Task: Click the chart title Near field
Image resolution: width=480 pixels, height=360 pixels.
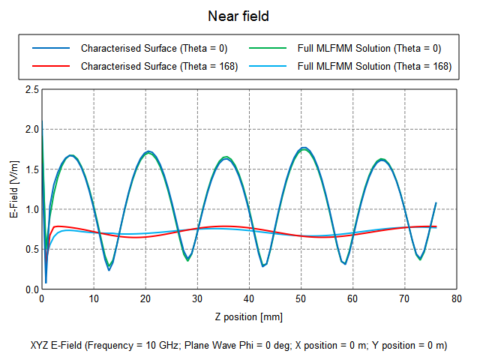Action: point(239,15)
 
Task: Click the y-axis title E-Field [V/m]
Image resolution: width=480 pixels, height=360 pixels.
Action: point(14,189)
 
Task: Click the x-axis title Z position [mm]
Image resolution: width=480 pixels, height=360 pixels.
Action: point(248,316)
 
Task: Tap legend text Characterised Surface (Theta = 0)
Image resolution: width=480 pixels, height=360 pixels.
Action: point(154,48)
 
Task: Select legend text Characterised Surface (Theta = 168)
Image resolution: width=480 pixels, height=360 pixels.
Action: point(159,66)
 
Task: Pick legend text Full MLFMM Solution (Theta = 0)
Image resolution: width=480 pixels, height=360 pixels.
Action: point(369,48)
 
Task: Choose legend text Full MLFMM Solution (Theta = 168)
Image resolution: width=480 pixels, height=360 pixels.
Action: point(374,66)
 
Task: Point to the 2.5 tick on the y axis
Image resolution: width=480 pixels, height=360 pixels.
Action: point(33,89)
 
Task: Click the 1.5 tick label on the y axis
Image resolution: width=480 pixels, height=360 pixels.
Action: point(33,169)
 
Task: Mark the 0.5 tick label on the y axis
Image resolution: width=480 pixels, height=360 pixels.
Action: point(33,250)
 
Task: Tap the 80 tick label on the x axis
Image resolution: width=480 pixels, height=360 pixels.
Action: point(456,299)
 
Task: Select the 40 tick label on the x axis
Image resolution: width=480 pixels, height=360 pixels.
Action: point(249,299)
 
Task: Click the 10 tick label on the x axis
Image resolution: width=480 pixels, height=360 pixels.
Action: point(94,299)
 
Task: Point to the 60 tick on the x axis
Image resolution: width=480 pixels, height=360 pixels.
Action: point(352,299)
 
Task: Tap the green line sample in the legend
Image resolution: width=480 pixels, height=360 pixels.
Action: point(267,48)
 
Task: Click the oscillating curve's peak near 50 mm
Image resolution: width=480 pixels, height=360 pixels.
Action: point(304,148)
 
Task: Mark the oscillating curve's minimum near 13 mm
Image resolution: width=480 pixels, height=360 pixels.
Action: point(109,269)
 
